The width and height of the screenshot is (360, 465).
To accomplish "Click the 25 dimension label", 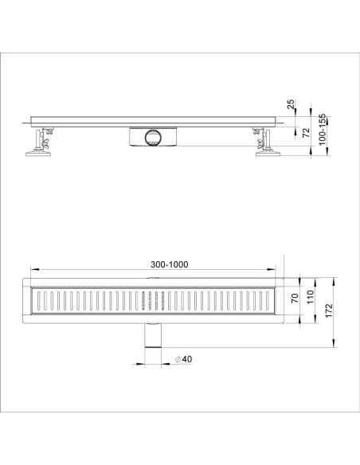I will click(292, 104).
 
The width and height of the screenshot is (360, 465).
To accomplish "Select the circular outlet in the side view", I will click(151, 138).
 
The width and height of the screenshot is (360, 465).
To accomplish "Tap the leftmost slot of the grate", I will click(35, 301).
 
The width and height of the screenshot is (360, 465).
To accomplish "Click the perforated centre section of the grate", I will click(152, 301).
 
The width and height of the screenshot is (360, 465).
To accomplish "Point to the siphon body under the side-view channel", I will click(151, 136).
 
